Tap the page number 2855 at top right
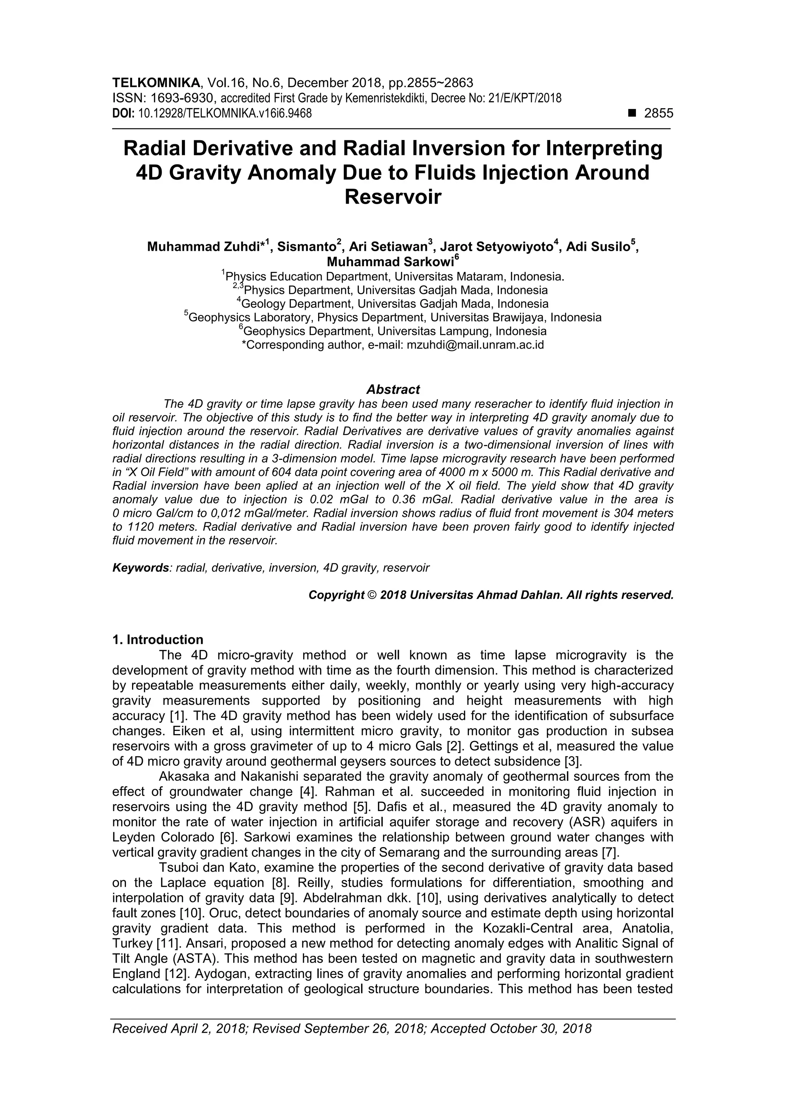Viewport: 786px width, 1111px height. (x=659, y=114)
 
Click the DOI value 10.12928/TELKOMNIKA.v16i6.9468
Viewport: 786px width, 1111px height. (x=225, y=114)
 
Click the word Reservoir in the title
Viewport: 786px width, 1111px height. (x=393, y=197)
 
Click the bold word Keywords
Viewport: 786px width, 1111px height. (x=140, y=568)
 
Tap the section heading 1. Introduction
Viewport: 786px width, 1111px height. (x=157, y=640)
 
